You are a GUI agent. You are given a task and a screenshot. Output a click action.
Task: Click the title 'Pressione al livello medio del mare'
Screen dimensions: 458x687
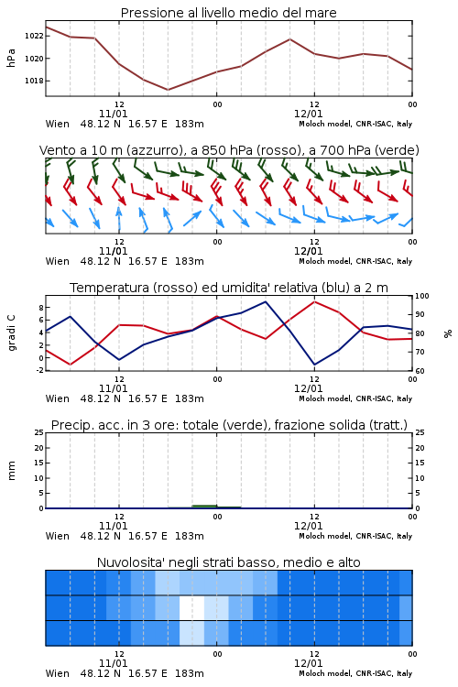(228, 13)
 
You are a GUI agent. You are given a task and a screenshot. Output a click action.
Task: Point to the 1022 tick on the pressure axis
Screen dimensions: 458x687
(34, 36)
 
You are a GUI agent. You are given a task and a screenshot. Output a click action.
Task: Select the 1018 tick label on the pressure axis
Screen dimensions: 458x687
(34, 81)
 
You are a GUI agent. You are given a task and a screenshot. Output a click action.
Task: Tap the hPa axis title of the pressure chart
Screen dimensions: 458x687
(11, 58)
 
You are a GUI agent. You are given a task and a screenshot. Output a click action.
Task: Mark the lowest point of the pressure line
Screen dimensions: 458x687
(168, 90)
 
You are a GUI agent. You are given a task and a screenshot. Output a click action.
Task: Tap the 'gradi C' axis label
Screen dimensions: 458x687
(12, 333)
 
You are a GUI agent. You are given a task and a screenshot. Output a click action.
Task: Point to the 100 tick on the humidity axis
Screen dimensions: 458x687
(422, 296)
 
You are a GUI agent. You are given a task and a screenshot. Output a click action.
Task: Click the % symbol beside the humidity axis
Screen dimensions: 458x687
(448, 333)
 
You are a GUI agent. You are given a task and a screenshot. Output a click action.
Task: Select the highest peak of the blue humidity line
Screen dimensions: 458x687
(265, 301)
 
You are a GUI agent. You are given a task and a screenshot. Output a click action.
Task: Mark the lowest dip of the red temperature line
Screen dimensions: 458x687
(71, 365)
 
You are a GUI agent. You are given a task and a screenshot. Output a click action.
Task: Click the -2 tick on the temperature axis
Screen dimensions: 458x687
(40, 370)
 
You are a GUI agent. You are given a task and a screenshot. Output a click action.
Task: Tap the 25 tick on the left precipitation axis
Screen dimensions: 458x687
(39, 433)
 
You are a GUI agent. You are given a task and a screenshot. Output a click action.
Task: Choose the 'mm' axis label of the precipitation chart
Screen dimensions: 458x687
(11, 471)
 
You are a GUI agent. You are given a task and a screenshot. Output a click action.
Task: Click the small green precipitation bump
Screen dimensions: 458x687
(204, 507)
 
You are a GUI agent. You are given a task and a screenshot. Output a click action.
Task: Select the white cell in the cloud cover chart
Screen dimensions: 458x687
(192, 607)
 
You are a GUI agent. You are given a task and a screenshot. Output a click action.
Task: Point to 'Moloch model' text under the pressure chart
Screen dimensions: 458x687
(325, 124)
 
